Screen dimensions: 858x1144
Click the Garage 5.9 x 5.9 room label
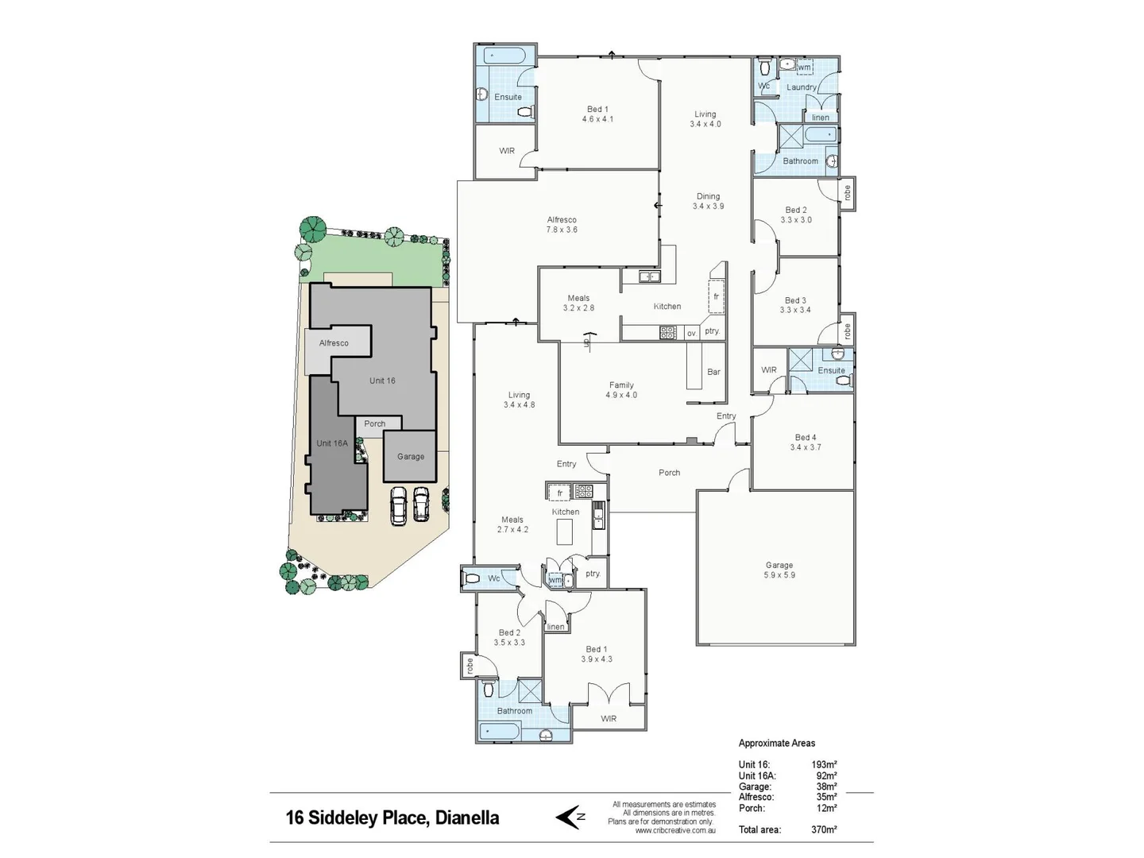[x=779, y=570]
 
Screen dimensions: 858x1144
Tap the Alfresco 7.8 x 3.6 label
[x=562, y=225]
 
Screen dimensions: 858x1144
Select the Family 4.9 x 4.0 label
[x=621, y=390]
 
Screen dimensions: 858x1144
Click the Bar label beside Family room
[x=713, y=372]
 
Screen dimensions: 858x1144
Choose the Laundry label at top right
[x=802, y=87]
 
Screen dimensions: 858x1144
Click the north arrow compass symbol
[x=570, y=817]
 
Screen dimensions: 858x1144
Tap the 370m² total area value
[x=824, y=829]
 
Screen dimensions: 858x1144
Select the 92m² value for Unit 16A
[x=826, y=775]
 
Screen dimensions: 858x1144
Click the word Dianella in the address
[x=467, y=817]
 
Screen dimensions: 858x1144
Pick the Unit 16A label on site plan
[x=332, y=443]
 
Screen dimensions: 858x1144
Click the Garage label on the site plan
[x=411, y=457]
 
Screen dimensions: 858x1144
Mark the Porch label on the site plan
[x=375, y=424]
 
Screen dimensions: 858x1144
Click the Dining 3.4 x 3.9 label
[x=708, y=201]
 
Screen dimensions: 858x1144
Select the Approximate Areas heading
[x=777, y=743]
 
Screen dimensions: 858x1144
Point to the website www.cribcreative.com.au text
[x=675, y=830]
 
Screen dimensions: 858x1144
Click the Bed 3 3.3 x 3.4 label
[x=795, y=305]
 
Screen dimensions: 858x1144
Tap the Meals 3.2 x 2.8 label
[x=578, y=303]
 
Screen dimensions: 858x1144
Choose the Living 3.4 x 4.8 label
[x=519, y=400]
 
